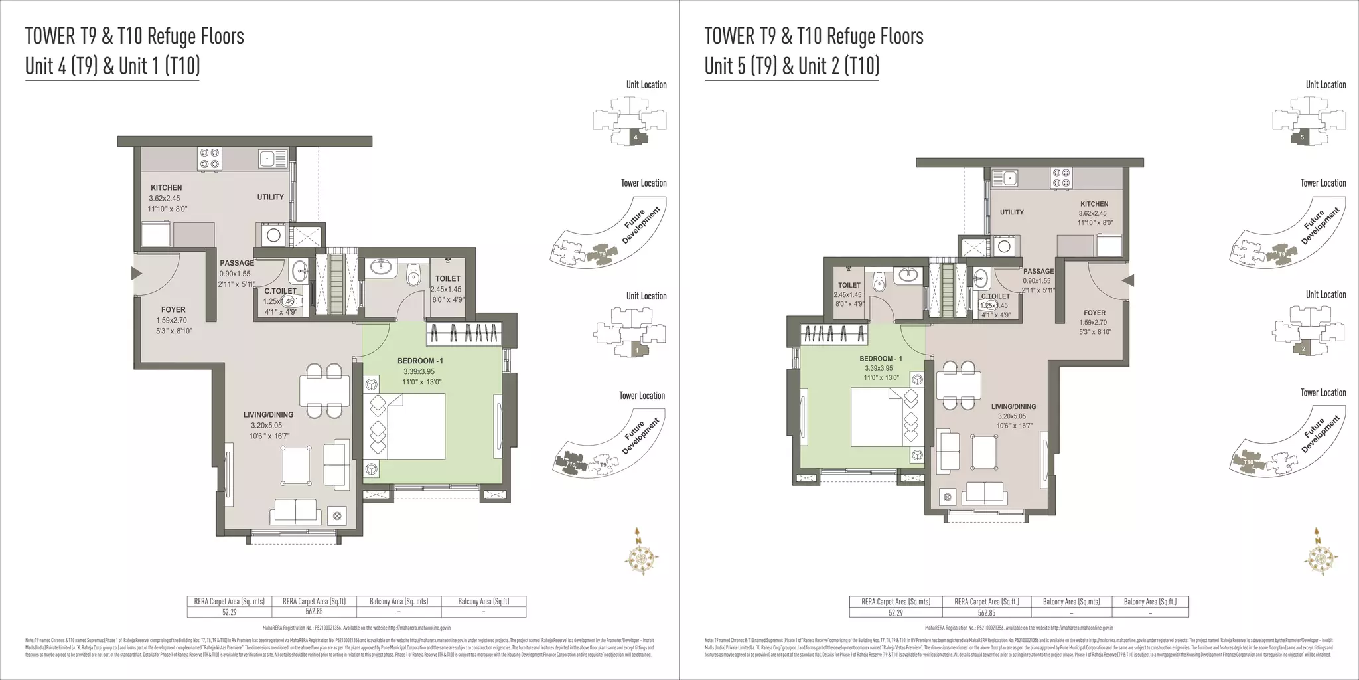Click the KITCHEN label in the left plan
point(166,188)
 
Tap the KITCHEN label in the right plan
point(1094,204)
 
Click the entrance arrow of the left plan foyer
point(137,273)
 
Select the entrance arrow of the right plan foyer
point(1127,281)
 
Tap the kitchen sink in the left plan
point(267,158)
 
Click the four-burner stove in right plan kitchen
point(1060,176)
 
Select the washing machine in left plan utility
point(273,234)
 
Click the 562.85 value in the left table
point(315,612)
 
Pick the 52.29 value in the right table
point(896,613)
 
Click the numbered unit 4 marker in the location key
point(636,137)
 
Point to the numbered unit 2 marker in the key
point(1303,349)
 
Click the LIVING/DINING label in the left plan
point(268,414)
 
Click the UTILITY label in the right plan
point(1011,212)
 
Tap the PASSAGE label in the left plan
point(237,263)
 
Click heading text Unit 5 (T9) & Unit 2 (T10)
point(792,66)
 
